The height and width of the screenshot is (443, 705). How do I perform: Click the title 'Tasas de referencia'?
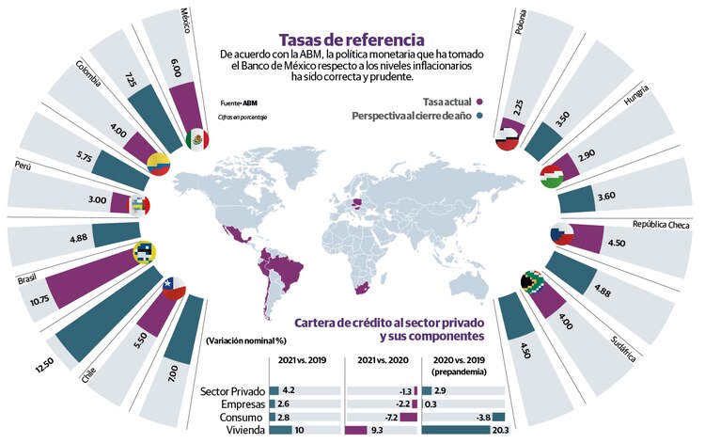coord(351,40)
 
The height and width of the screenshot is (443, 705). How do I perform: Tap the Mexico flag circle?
coord(196,140)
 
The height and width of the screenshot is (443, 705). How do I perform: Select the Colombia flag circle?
coord(158,166)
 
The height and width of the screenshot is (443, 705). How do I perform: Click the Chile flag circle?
coord(171,288)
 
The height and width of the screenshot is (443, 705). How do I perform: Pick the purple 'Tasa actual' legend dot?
coord(479,100)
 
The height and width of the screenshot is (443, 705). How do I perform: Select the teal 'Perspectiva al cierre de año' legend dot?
coord(479,117)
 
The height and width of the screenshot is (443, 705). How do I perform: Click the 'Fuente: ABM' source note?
coord(238,102)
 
